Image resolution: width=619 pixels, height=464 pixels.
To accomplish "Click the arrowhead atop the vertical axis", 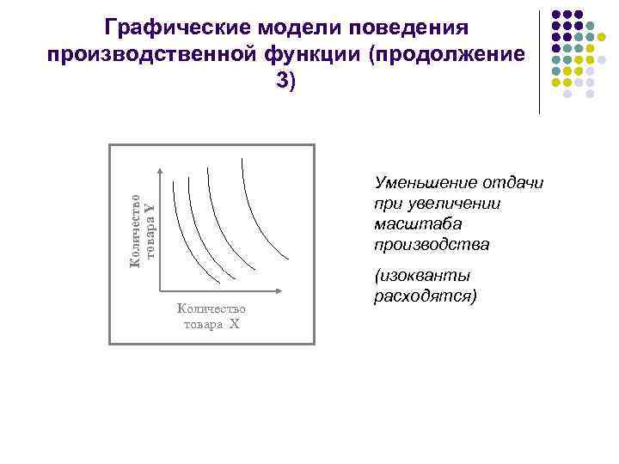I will pos(160,176).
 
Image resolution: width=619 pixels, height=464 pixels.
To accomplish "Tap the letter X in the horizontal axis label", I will pos(234,324).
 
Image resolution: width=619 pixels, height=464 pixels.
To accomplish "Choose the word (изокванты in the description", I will pos(422,276).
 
